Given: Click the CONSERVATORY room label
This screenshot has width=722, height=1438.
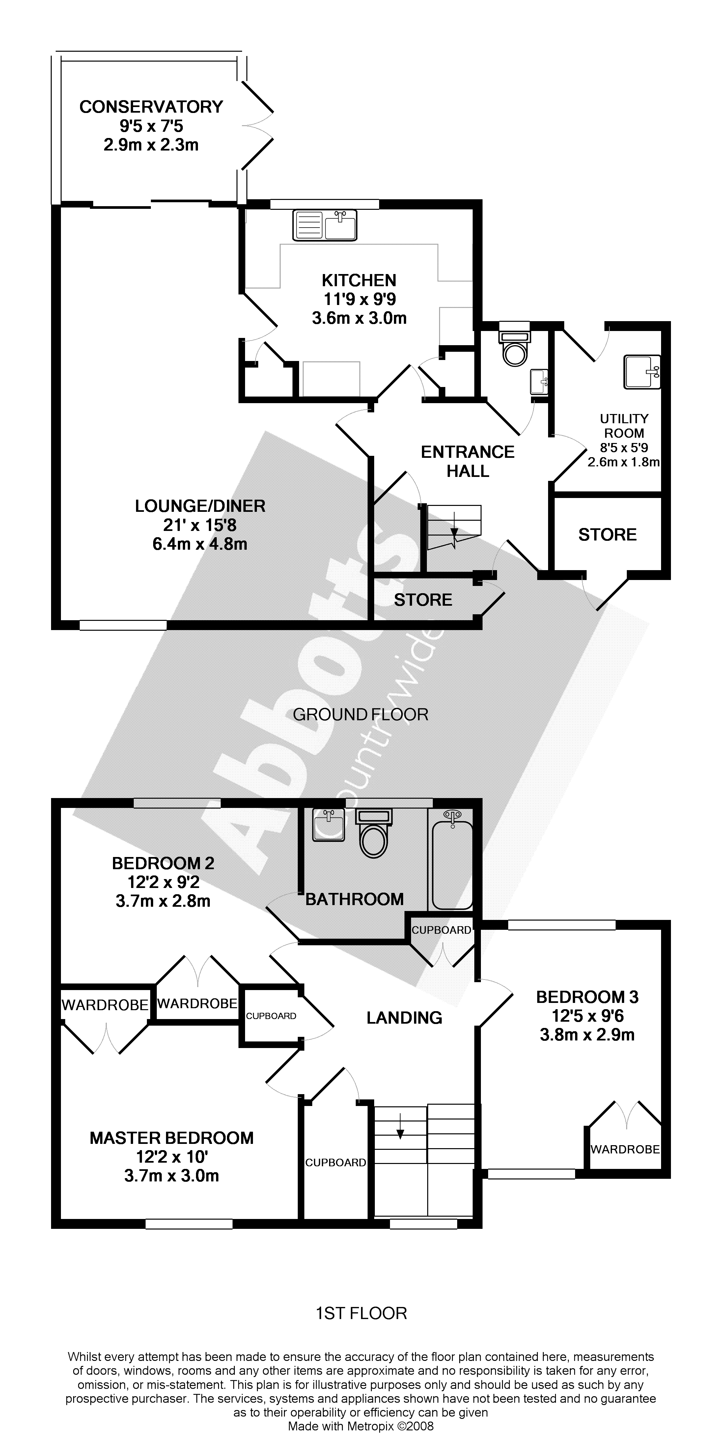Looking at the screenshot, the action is (151, 107).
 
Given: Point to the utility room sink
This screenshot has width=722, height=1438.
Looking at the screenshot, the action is (642, 372).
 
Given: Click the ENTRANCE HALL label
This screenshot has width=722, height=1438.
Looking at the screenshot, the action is (467, 461).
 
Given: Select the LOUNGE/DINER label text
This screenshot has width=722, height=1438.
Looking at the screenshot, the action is (200, 506).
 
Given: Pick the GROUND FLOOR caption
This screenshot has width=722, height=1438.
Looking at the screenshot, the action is (360, 714).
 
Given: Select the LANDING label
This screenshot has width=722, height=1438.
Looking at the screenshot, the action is (404, 1018).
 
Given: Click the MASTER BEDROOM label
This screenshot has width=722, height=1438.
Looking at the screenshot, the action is (171, 1138).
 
